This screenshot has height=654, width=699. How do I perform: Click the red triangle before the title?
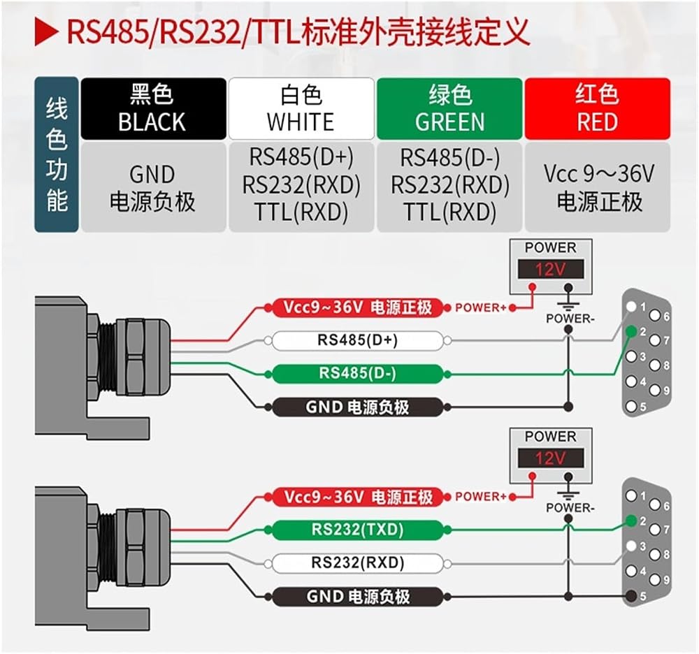click(45, 33)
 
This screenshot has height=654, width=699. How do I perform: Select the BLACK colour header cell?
click(153, 109)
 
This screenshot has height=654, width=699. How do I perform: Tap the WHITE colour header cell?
click(301, 109)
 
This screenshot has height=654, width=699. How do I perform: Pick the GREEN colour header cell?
click(449, 109)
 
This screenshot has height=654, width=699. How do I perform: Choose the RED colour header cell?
click(598, 109)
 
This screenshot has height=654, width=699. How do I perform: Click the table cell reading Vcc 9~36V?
click(598, 187)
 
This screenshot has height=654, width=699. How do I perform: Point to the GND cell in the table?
click(153, 187)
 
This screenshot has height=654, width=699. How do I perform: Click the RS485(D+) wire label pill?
click(357, 341)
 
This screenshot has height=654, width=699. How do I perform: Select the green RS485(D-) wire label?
click(357, 374)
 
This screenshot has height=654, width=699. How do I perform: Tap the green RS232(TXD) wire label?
click(357, 530)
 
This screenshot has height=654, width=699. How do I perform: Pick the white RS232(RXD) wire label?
click(357, 563)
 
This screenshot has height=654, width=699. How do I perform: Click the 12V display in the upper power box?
click(551, 269)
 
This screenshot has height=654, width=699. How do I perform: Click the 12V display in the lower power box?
click(551, 458)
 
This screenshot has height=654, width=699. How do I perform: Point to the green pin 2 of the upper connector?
click(630, 331)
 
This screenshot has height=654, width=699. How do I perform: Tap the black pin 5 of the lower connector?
click(630, 596)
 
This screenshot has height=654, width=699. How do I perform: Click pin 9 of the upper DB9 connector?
click(655, 391)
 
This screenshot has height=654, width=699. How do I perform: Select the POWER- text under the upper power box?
click(570, 319)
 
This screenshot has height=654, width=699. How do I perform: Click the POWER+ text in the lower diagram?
click(481, 497)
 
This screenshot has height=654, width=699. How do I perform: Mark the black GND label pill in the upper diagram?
click(357, 407)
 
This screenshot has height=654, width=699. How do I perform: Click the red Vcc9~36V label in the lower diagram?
click(357, 497)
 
